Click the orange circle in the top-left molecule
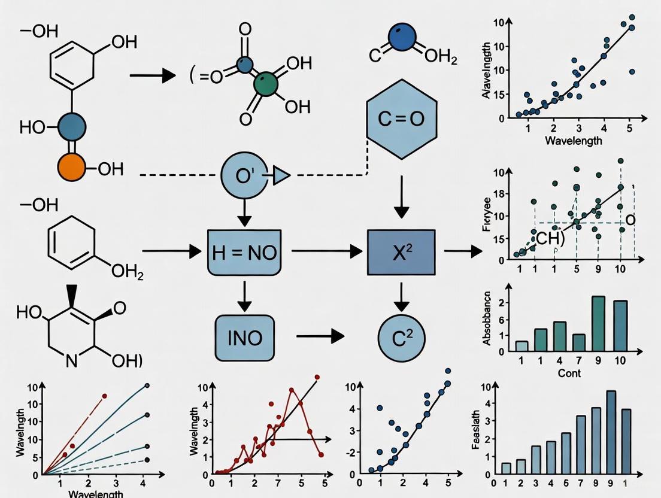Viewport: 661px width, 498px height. pyautogui.click(x=72, y=168)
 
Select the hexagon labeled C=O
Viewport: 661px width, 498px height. pyautogui.click(x=401, y=119)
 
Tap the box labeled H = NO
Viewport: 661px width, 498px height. pyautogui.click(x=245, y=252)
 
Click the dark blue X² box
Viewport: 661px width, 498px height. pyautogui.click(x=401, y=252)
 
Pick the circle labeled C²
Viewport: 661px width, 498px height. pyautogui.click(x=401, y=338)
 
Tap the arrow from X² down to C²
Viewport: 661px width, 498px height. pyautogui.click(x=401, y=294)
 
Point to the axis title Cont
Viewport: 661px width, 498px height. pyautogui.click(x=569, y=373)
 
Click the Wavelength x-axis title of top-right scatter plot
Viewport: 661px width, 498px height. pyautogui.click(x=573, y=141)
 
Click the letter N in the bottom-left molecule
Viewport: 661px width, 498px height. pyautogui.click(x=71, y=361)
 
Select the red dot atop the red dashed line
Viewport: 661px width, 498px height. pyautogui.click(x=104, y=396)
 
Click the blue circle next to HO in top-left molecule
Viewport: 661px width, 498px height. pyautogui.click(x=72, y=126)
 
